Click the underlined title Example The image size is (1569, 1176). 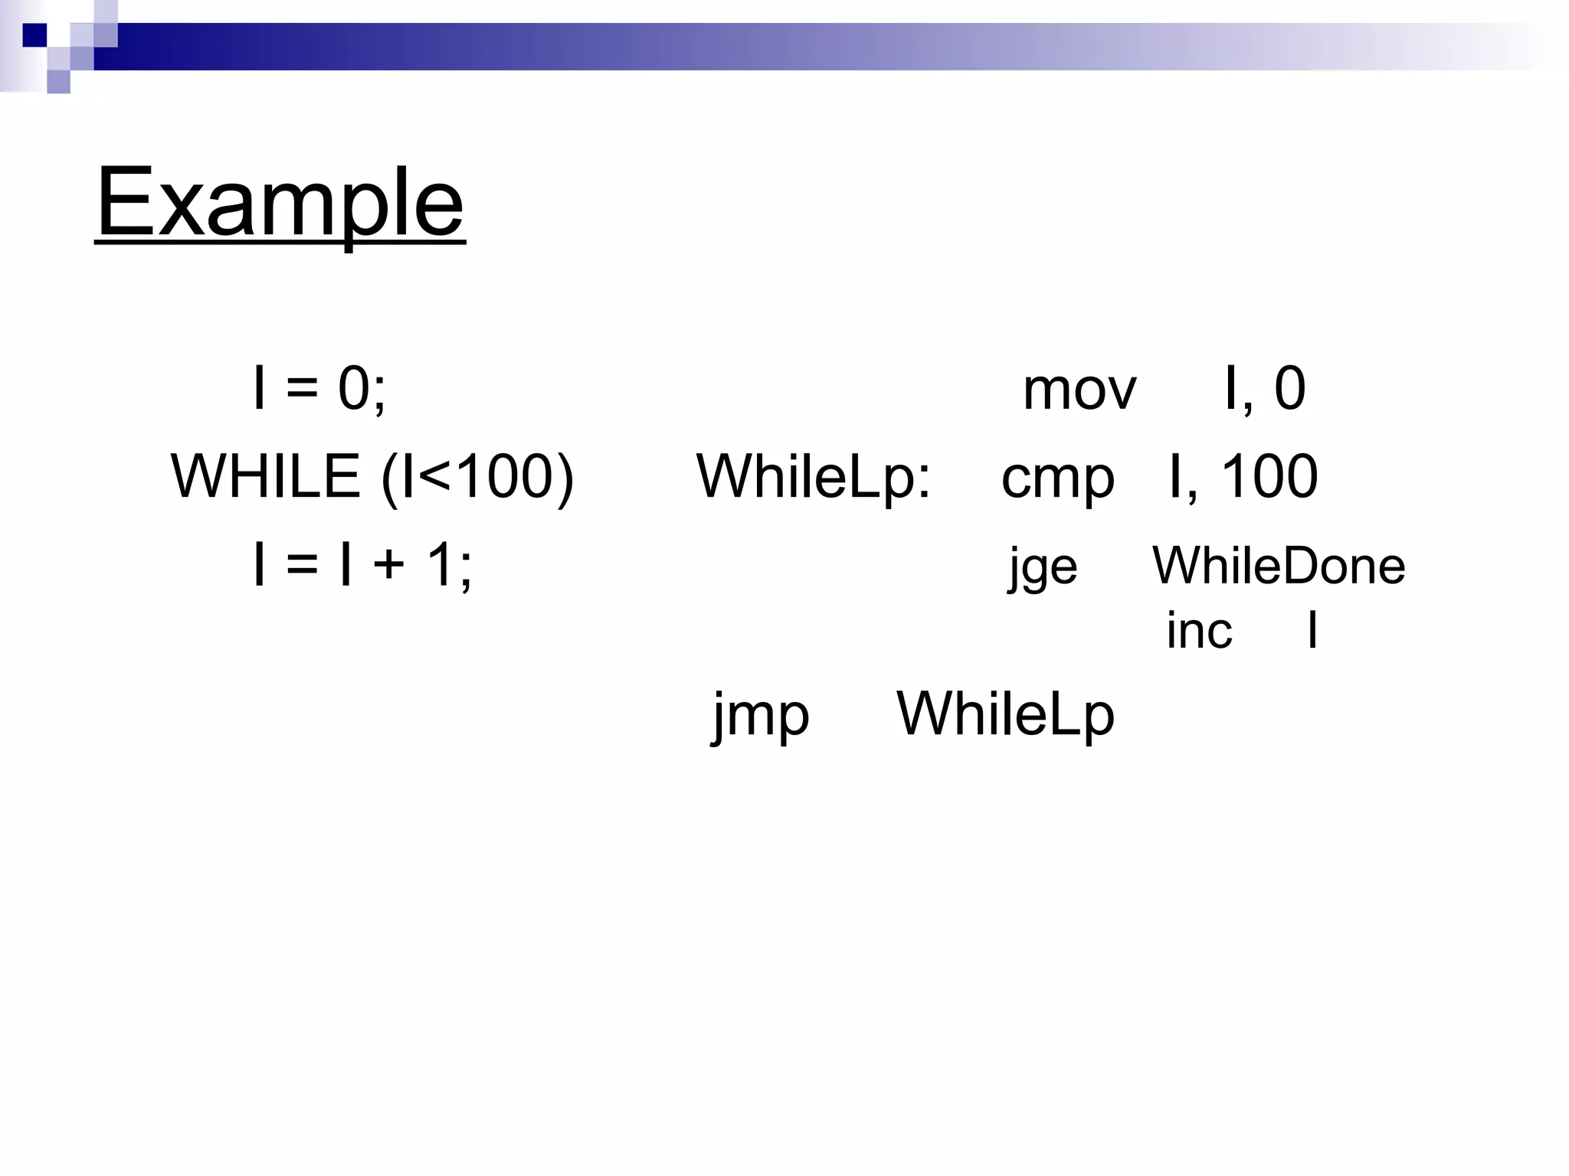pyautogui.click(x=280, y=202)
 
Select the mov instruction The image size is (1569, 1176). pyautogui.click(x=1079, y=390)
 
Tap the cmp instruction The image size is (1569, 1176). pyautogui.click(x=1057, y=478)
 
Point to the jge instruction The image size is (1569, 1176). pyautogui.click(x=1043, y=567)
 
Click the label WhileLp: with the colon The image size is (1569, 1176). pyautogui.click(x=814, y=477)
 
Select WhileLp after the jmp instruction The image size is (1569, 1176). pyautogui.click(x=1005, y=714)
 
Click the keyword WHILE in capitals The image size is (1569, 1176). pyautogui.click(x=265, y=476)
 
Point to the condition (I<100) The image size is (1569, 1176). pyautogui.click(x=477, y=477)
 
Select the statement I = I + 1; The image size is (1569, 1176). pyautogui.click(x=362, y=564)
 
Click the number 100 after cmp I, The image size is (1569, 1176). pyautogui.click(x=1269, y=476)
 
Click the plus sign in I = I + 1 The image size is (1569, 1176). pyautogui.click(x=389, y=566)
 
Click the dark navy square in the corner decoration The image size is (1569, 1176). pyautogui.click(x=34, y=35)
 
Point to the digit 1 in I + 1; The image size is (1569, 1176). pyautogui.click(x=441, y=564)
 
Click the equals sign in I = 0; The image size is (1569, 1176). pyautogui.click(x=301, y=390)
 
